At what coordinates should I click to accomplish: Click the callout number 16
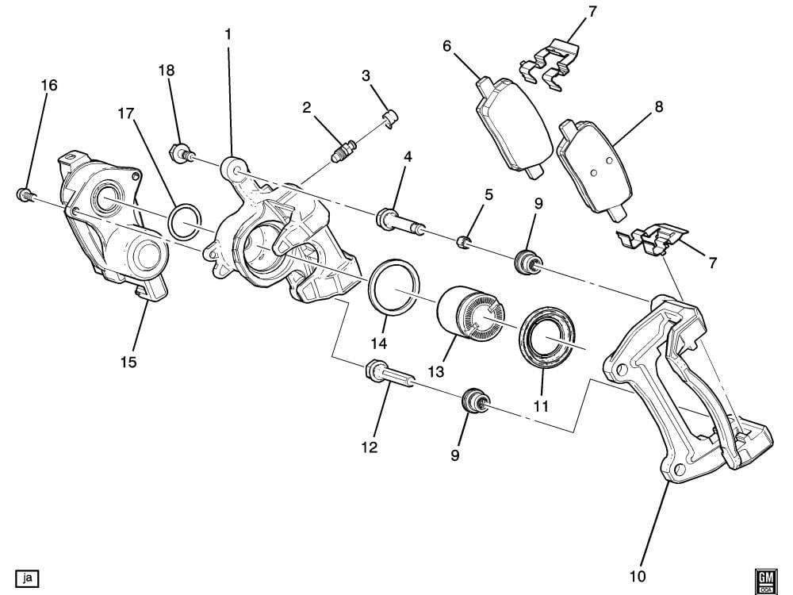coord(49,85)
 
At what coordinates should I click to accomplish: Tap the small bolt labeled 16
coord(24,193)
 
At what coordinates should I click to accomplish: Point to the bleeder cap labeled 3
coord(390,119)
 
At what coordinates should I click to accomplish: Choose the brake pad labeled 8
coord(594,167)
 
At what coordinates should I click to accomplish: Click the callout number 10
coord(638,574)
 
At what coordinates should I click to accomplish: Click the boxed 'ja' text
coord(27,577)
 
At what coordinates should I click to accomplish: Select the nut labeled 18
coord(181,151)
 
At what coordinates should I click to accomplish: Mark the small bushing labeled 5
coord(465,240)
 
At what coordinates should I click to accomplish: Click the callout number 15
coord(128,362)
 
